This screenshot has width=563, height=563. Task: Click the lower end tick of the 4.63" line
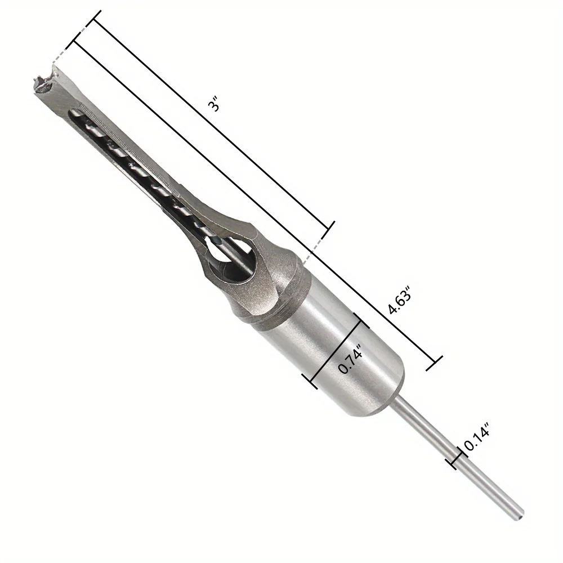coord(434,363)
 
